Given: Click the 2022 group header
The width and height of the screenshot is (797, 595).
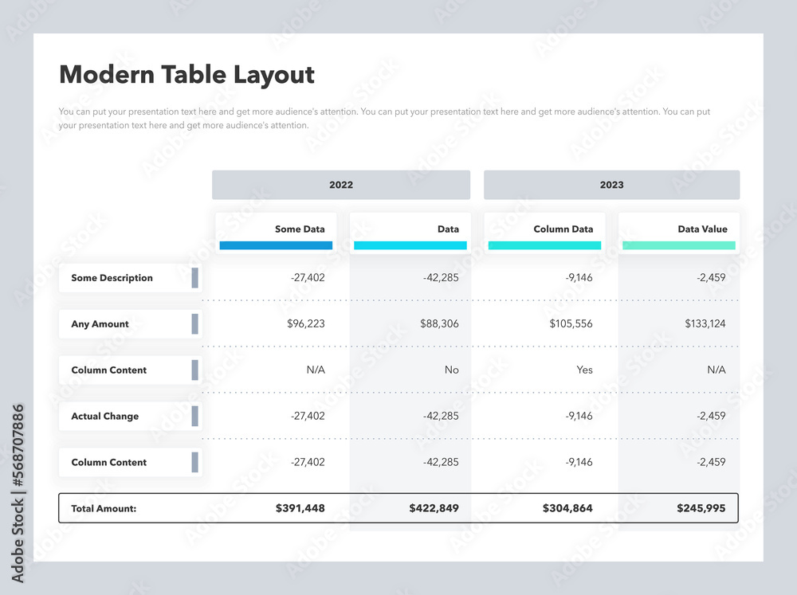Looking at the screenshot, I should (341, 185).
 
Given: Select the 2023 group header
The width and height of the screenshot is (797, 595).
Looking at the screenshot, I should (611, 185).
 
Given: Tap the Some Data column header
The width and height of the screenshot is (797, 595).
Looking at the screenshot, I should (300, 229).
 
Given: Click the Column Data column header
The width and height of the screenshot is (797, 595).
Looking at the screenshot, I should (563, 229).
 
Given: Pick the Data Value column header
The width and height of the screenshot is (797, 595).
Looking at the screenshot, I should (702, 229).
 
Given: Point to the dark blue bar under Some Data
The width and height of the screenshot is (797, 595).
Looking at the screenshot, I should (276, 245).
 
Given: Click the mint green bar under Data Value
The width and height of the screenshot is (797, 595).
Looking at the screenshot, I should (679, 245).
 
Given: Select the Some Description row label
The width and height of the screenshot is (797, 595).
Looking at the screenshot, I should (112, 278).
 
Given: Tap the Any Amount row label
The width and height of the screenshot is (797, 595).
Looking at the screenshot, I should (100, 324).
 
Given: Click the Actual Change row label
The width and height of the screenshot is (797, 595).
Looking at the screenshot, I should (104, 417).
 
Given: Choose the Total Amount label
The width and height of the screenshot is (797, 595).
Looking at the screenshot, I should (104, 508).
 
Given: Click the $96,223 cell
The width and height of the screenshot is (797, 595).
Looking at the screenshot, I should (306, 324).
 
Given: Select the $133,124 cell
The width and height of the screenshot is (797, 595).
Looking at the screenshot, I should (705, 324).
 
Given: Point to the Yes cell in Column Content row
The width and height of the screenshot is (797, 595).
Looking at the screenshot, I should (584, 370).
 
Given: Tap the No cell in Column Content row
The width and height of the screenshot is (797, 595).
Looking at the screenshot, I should (451, 370).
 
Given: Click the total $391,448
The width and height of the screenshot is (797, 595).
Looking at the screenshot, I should (300, 508).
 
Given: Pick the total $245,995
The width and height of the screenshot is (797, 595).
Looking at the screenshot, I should (701, 508).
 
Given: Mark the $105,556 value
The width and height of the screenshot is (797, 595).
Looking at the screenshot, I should (571, 324).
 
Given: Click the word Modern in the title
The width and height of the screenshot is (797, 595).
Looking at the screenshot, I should (106, 75).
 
